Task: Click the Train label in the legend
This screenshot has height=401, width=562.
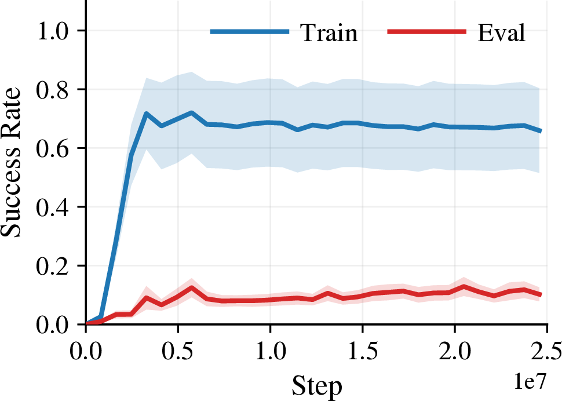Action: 329,32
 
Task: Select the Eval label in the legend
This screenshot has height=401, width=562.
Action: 501,32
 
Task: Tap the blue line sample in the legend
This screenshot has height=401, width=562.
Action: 250,31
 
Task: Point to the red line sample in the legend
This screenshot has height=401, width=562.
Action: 427,31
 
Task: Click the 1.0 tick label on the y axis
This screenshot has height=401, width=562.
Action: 52,31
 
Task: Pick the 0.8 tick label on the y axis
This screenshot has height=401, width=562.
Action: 52,90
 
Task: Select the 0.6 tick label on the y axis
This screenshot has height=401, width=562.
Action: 52,148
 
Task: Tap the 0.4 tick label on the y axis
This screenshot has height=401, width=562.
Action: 52,207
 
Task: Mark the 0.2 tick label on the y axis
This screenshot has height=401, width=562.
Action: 52,266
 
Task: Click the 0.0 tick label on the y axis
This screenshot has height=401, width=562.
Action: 52,325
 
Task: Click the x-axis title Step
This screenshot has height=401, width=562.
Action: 317,387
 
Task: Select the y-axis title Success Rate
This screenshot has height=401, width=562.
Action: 11,162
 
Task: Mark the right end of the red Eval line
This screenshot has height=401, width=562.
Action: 541,295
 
